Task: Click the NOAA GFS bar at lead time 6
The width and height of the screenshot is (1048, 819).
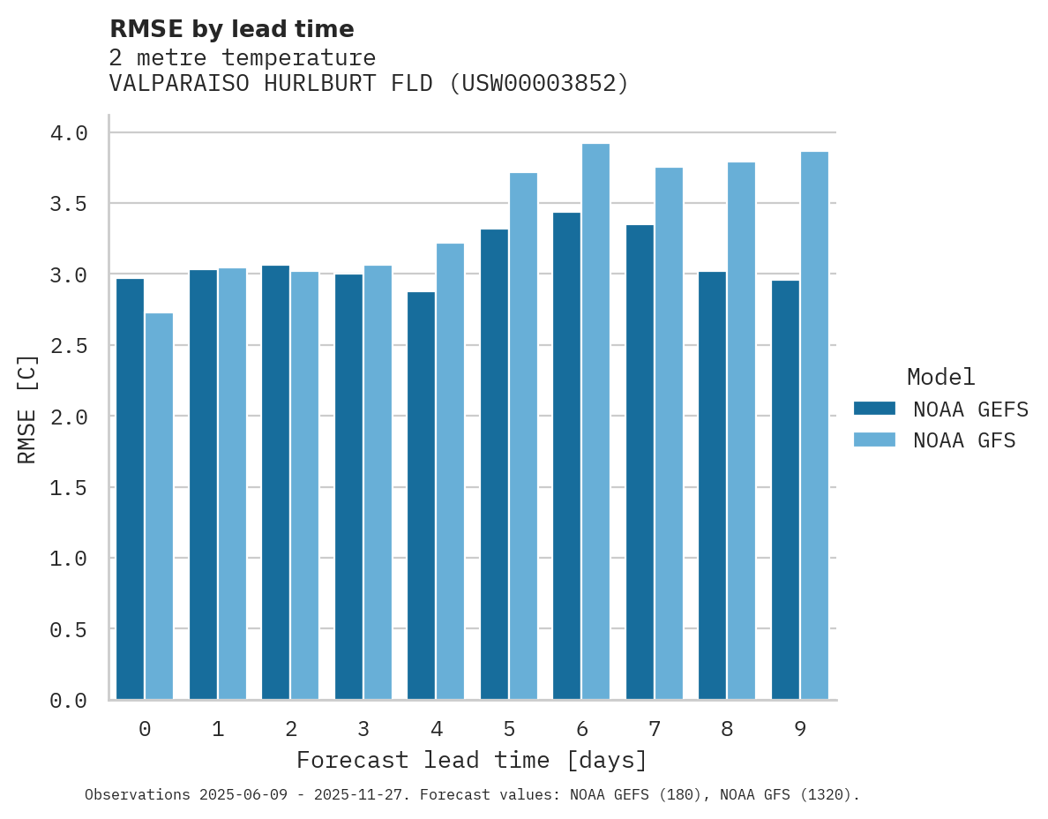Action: tap(596, 422)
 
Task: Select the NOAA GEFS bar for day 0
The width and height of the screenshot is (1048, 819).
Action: tap(130, 489)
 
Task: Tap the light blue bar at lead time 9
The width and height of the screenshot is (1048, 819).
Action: tap(814, 425)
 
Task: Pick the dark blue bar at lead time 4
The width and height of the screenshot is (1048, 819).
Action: tap(421, 495)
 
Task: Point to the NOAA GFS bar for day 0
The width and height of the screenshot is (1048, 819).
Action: tap(159, 507)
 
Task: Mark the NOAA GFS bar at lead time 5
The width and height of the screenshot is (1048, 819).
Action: tap(523, 436)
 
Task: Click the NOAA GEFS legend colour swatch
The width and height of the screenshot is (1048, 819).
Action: tap(874, 409)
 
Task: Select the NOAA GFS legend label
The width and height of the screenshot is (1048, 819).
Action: tap(964, 440)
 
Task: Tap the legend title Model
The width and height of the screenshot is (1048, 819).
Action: tap(940, 377)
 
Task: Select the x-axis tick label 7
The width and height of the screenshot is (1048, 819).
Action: tap(654, 729)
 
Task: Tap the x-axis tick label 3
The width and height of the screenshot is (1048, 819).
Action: tap(363, 729)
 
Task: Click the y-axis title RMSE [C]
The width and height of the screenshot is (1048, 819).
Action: tap(27, 409)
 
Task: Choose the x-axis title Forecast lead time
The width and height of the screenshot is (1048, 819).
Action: tap(472, 760)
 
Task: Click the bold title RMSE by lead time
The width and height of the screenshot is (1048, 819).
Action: tap(232, 29)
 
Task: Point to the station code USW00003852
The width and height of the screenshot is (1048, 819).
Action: tap(538, 83)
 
